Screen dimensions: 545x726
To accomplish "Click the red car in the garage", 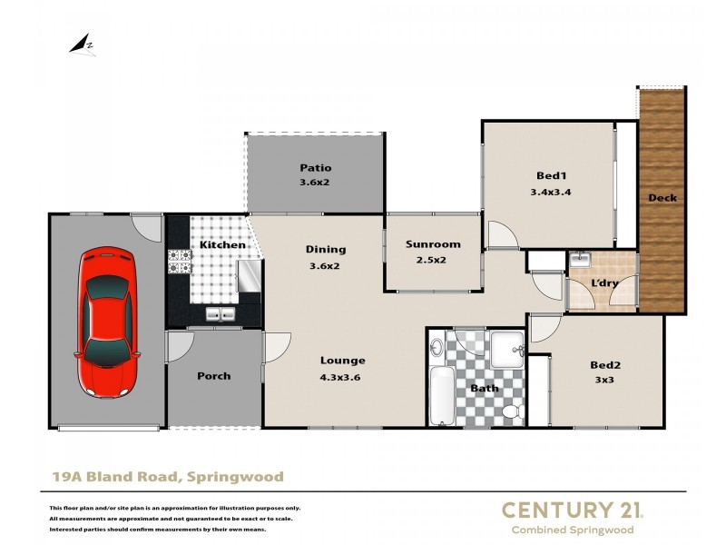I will pos(108,322).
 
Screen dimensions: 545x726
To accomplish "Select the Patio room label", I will pos(316,167).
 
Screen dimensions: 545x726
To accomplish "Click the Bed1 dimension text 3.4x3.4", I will pos(550,192).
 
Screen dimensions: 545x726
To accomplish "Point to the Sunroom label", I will pos(433,243).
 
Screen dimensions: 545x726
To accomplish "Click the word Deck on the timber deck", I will pos(662,197).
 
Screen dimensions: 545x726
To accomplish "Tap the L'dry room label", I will pos(604,283).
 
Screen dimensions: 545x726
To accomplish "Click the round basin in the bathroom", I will pos(437,347).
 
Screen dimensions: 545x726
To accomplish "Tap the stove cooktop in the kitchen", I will pos(180,262).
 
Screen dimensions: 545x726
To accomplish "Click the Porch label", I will pos(214,375).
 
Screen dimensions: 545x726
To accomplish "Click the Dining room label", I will pos(326,249).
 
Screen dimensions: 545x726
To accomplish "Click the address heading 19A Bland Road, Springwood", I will pos(166,476).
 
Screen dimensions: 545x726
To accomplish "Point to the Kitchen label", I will pos(222,244).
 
